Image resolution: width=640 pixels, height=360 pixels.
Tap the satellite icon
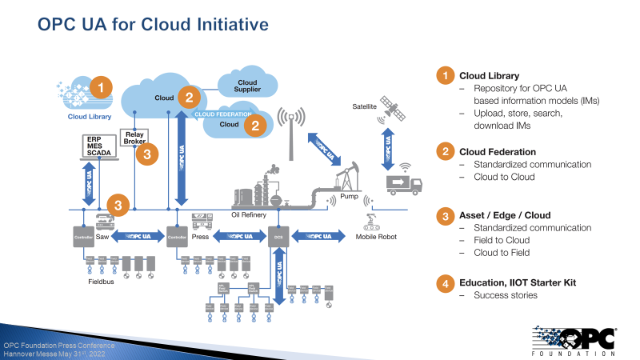pyautogui.click(x=394, y=110)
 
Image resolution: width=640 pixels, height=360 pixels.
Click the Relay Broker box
pyautogui.click(x=134, y=138)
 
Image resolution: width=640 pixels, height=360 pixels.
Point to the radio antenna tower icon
pyautogui.click(x=293, y=128)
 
